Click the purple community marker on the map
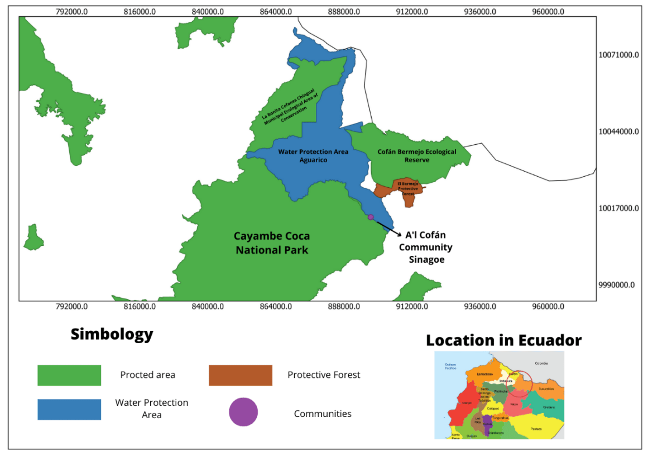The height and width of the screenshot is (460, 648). tap(370, 217)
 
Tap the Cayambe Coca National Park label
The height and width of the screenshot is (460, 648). tap(272, 243)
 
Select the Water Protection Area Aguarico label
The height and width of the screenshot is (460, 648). tap(313, 156)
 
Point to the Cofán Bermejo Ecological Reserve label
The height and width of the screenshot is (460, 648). tap(416, 156)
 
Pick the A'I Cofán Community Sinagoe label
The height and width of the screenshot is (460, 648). tap(426, 247)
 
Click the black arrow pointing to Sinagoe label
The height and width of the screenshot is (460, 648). tap(389, 228)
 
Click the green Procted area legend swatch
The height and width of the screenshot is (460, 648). tap(69, 375)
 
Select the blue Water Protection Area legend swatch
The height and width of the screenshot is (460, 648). tap(69, 409)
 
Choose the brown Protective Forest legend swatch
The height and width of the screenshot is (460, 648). tap(240, 375)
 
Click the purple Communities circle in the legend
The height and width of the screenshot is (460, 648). tap(243, 412)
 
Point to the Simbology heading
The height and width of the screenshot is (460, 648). tap(112, 334)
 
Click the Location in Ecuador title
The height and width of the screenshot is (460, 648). tap(504, 340)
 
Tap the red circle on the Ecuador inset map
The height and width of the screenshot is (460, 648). tap(519, 383)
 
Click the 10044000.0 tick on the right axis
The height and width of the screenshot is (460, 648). tap(618, 132)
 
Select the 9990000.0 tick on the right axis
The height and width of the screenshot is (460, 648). tap(616, 285)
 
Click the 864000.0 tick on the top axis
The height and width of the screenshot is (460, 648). tap(276, 12)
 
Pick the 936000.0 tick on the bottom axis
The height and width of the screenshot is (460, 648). tap(480, 306)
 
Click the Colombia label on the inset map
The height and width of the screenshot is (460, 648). tap(541, 363)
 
